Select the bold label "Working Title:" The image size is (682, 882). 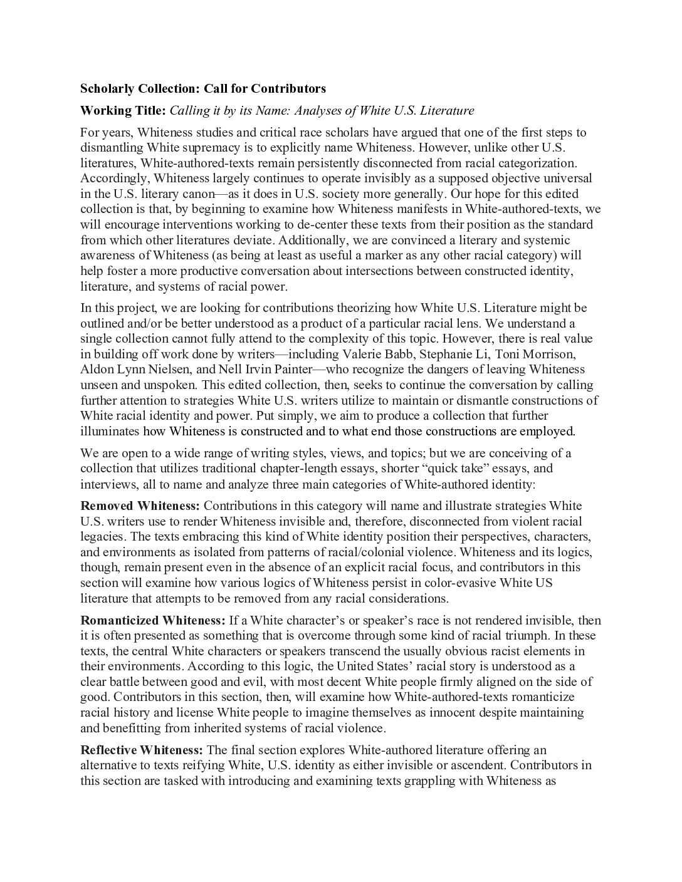coord(123,111)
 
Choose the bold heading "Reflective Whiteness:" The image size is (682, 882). coord(142,750)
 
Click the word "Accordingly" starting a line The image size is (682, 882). coord(112,179)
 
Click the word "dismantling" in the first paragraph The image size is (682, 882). coord(112,148)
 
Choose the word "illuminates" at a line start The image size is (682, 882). coord(110,431)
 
